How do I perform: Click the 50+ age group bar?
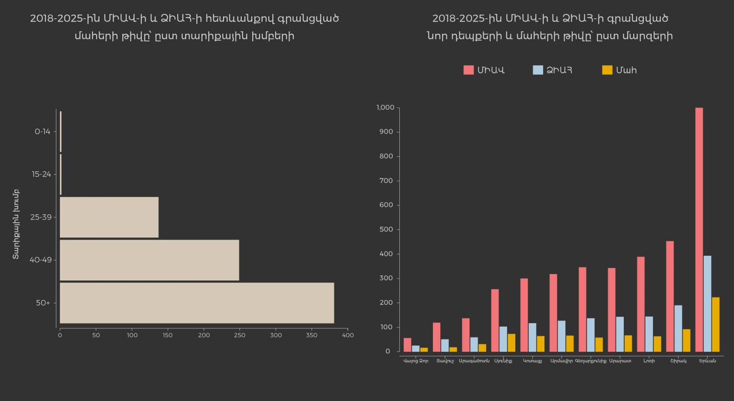[197, 303]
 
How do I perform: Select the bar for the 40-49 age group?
[149, 260]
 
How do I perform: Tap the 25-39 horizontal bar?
[109, 217]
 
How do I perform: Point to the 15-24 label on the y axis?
[41, 174]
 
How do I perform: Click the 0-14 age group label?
[42, 132]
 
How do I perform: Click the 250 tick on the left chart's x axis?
[240, 336]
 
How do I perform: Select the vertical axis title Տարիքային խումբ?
[16, 224]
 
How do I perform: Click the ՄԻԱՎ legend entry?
[484, 70]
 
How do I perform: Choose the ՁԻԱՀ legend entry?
[553, 70]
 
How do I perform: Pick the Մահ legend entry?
[620, 70]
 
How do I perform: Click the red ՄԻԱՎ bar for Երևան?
[699, 230]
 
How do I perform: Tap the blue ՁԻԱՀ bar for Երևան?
[707, 304]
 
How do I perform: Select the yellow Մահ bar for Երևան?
[716, 324]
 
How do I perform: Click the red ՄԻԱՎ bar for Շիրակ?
[670, 296]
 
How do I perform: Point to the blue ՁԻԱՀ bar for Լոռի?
[649, 334]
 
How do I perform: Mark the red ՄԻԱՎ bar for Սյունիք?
[495, 320]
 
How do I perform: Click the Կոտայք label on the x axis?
[532, 361]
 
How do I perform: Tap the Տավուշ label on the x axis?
[445, 361]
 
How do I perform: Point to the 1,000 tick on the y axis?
[385, 108]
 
